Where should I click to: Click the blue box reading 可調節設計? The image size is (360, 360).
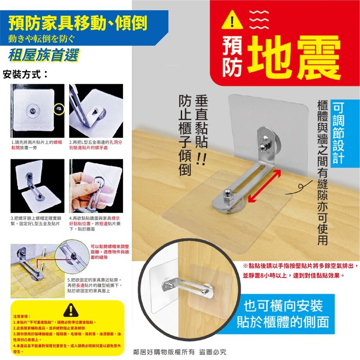[338, 133]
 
